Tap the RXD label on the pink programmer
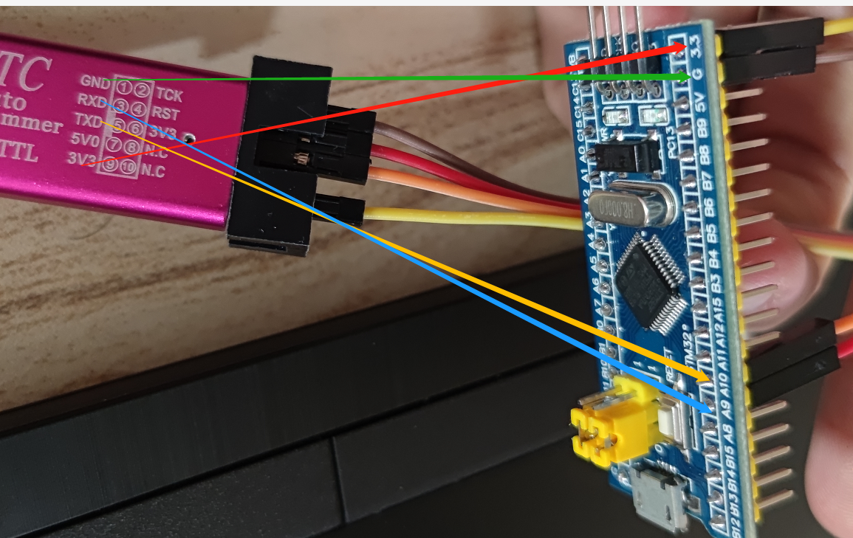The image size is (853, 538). pos(91,100)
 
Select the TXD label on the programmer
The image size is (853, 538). pos(87,120)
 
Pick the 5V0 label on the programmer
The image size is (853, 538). pos(83,139)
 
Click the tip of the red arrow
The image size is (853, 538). pos(686,46)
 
